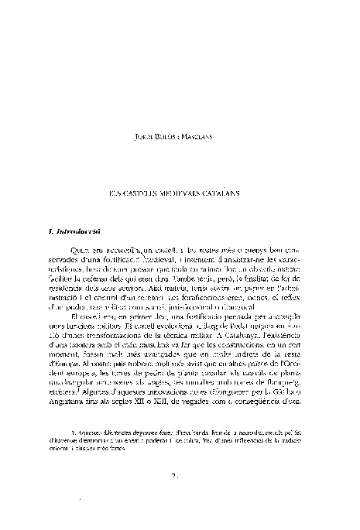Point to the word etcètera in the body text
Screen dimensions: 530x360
[64, 392]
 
